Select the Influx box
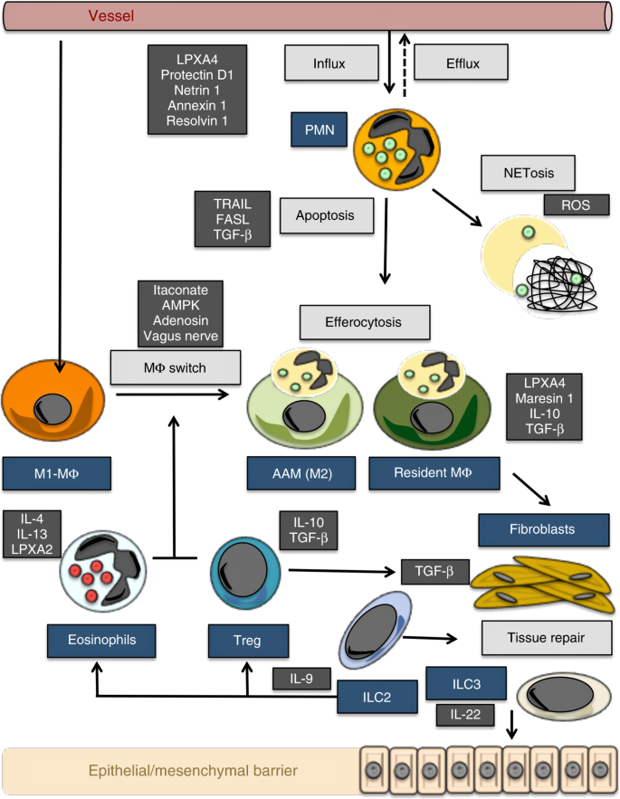[329, 63]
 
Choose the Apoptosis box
[322, 216]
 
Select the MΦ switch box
[176, 368]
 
